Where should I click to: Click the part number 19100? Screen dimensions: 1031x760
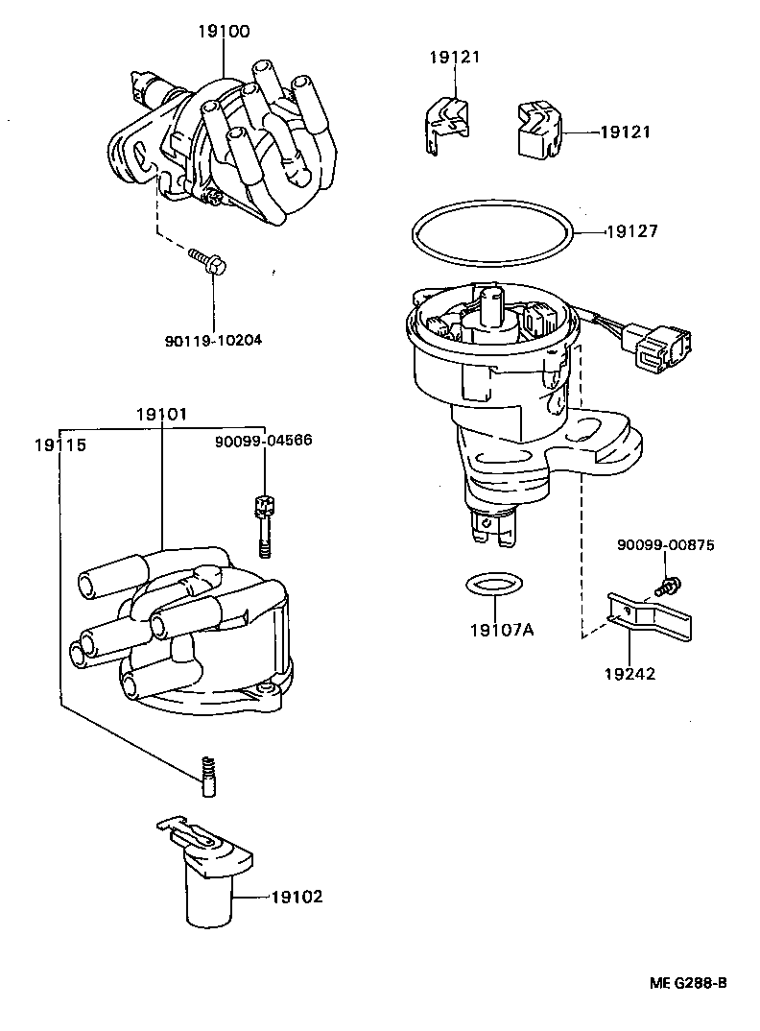pos(223,32)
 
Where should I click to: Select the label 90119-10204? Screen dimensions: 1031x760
pos(213,339)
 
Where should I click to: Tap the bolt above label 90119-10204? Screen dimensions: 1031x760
pos(206,259)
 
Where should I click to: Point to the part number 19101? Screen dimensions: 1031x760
pos(161,415)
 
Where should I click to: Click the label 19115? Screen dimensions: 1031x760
pos(59,445)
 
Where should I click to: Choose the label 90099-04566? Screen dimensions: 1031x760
pos(263,441)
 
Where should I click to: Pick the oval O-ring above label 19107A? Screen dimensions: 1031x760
pos(495,584)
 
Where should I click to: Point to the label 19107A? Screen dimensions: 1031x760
pos(501,630)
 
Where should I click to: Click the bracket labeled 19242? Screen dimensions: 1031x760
pos(652,616)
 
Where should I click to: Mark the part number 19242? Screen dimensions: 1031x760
pos(629,674)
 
